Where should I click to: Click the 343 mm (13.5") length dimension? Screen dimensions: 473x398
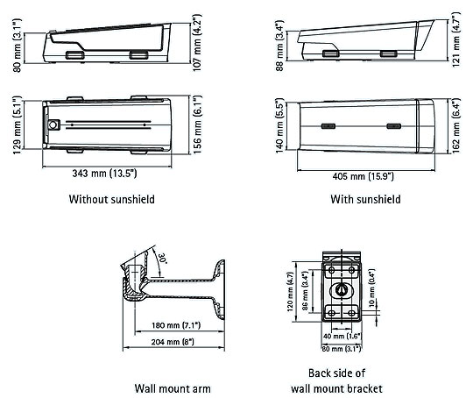pyautogui.click(x=104, y=174)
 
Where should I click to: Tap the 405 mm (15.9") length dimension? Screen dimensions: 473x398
pyautogui.click(x=364, y=176)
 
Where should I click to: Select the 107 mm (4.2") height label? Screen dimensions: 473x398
pyautogui.click(x=197, y=43)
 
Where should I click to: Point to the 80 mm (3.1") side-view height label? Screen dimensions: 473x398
pyautogui.click(x=18, y=46)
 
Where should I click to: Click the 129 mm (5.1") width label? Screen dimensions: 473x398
pyautogui.click(x=18, y=125)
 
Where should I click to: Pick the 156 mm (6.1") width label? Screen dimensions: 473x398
pyautogui.click(x=197, y=124)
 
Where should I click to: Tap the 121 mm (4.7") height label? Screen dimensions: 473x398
pyautogui.click(x=456, y=39)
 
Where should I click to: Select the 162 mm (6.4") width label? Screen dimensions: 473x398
pyautogui.click(x=456, y=125)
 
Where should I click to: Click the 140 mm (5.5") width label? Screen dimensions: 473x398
pyautogui.click(x=280, y=125)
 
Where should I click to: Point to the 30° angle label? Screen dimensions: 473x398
pyautogui.click(x=162, y=259)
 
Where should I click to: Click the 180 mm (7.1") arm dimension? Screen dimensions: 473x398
pyautogui.click(x=176, y=325)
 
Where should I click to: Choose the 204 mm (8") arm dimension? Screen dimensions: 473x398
pyautogui.click(x=173, y=342)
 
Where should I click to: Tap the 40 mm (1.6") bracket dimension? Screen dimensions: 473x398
pyautogui.click(x=342, y=336)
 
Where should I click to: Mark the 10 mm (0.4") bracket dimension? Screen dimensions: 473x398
pyautogui.click(x=371, y=288)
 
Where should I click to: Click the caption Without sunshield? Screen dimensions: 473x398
pyautogui.click(x=111, y=199)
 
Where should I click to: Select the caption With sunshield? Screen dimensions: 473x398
pyautogui.click(x=365, y=199)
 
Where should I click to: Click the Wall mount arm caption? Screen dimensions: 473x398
pyautogui.click(x=173, y=388)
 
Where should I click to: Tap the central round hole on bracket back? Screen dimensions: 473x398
pyautogui.click(x=342, y=290)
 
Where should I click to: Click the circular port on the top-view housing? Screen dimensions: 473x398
pyautogui.click(x=53, y=124)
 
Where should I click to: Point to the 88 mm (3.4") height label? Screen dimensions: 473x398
pyautogui.click(x=280, y=46)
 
